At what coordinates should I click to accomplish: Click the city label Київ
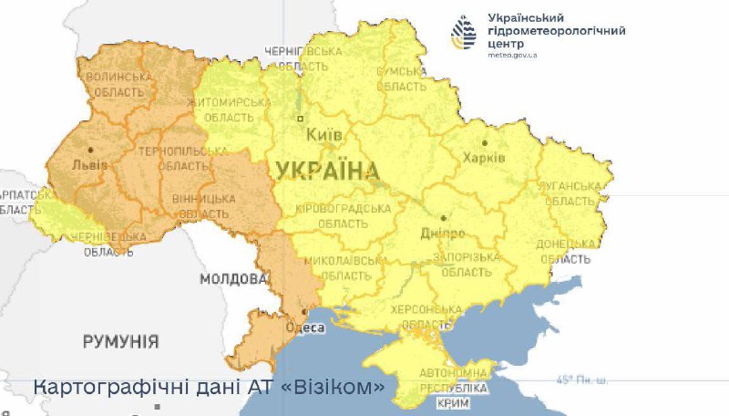[325, 135]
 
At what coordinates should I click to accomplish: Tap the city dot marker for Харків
[486, 142]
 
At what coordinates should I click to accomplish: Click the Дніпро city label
[444, 234]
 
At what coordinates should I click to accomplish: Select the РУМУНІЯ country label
[120, 342]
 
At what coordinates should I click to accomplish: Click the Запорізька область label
[467, 265]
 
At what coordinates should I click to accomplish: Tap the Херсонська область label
[419, 317]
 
